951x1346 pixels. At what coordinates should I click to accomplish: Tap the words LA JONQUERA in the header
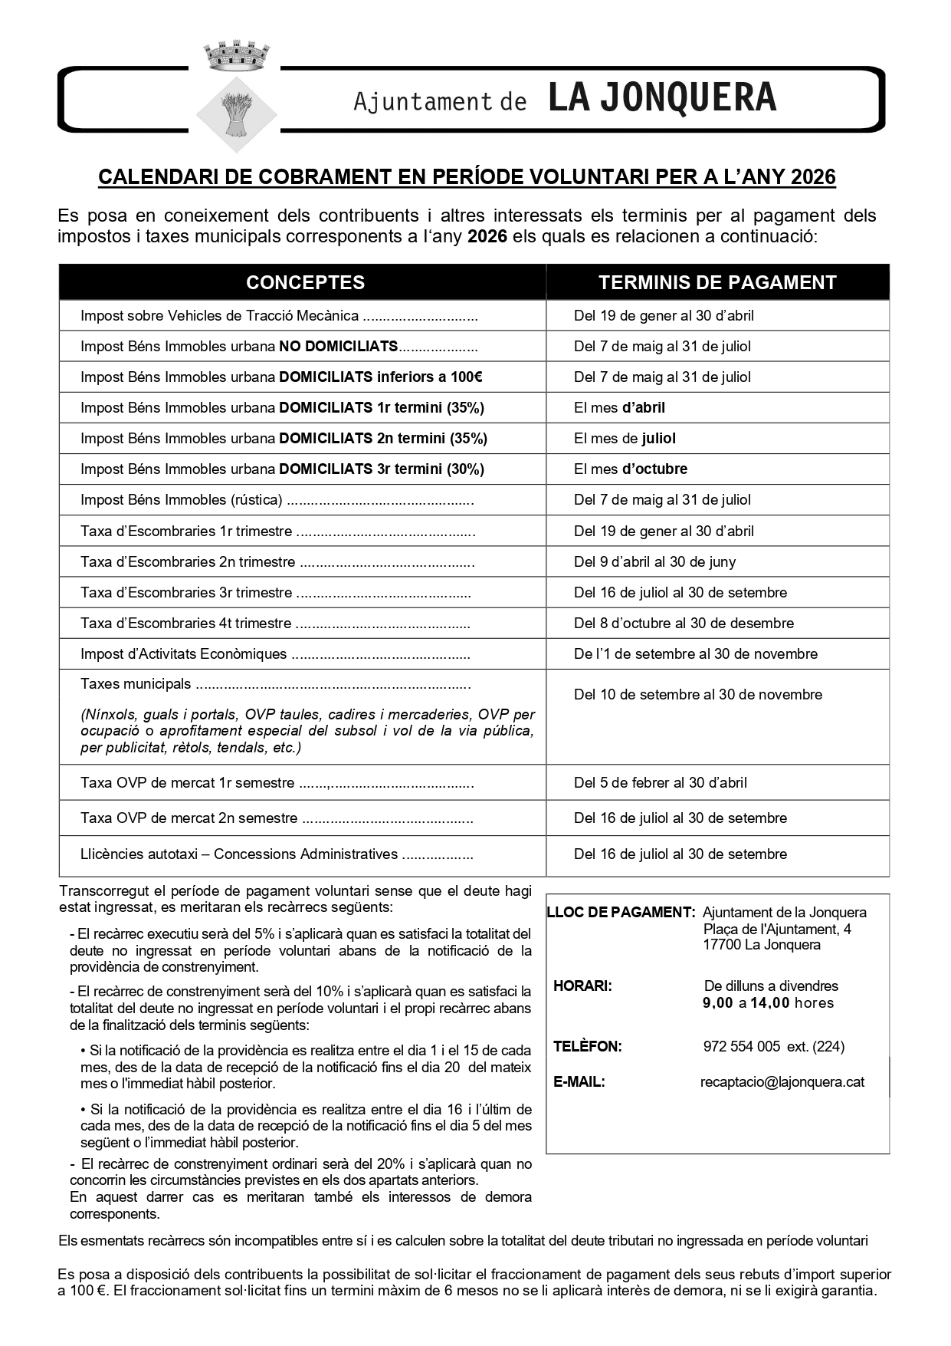click(x=662, y=99)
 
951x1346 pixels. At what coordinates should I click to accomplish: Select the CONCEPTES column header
click(x=305, y=282)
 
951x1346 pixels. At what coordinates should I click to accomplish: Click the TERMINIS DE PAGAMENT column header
click(x=717, y=282)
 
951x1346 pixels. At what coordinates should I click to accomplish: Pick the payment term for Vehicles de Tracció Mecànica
click(x=664, y=315)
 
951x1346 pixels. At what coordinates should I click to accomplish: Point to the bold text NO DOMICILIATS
click(x=338, y=346)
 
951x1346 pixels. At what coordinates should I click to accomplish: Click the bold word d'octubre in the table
click(x=654, y=469)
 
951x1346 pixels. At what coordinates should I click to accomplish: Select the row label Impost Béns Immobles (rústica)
click(x=182, y=500)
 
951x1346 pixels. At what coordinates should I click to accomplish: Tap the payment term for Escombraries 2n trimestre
click(x=654, y=561)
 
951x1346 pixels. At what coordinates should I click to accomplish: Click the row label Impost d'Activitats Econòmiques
click(x=184, y=654)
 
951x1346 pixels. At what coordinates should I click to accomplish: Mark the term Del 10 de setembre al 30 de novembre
click(x=697, y=694)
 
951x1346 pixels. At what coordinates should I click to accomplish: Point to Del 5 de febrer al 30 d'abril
click(x=660, y=782)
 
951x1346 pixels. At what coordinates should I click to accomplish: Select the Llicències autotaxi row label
click(x=239, y=854)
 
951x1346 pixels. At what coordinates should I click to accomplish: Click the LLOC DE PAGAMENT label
click(x=621, y=913)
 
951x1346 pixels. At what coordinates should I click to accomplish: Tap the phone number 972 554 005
click(x=741, y=1046)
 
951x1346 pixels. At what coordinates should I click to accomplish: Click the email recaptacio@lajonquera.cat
click(x=782, y=1082)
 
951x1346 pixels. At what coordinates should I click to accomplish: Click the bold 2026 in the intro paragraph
click(x=487, y=236)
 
